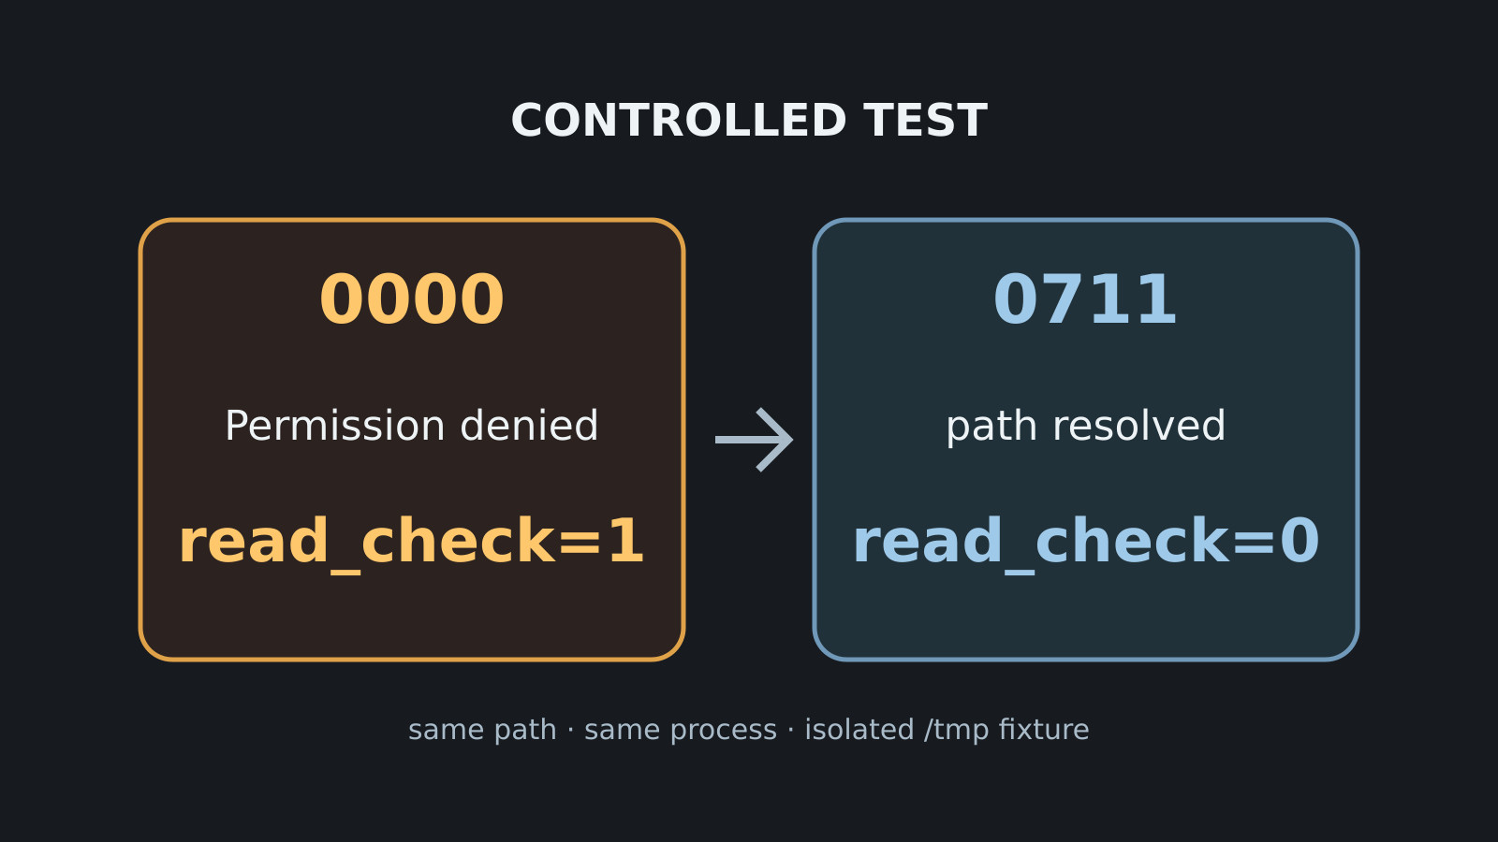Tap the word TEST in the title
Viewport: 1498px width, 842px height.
tap(926, 121)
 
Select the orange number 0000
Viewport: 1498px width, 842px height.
tap(412, 299)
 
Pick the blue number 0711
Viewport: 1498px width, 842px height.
tap(1085, 299)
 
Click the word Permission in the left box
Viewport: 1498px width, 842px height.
tap(335, 427)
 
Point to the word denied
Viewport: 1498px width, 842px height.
tap(529, 425)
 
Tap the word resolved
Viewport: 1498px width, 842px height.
tap(1138, 425)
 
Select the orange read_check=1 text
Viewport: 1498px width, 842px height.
tap(411, 543)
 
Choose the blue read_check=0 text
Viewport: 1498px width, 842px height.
tap(1086, 543)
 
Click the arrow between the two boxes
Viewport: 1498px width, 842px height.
tap(754, 440)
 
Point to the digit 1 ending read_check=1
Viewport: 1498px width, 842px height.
tap(626, 542)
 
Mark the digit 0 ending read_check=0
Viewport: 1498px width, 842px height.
tap(1300, 542)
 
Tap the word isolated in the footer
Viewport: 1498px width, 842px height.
tap(859, 729)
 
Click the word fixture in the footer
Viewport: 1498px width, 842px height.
tap(1044, 729)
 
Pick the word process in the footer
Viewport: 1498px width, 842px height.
tap(724, 731)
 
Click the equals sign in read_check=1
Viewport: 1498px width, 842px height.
tap(580, 543)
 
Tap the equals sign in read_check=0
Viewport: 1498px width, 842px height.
tap(1254, 543)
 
